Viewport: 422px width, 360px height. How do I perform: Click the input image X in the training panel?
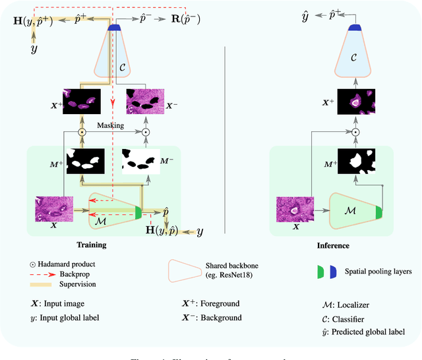click(x=54, y=208)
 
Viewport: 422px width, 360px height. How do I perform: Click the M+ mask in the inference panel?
click(x=356, y=161)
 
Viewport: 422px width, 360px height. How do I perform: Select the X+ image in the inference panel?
click(x=356, y=102)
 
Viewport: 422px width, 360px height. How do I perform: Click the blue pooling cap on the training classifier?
click(x=114, y=28)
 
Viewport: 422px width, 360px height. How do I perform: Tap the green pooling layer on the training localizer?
click(x=138, y=212)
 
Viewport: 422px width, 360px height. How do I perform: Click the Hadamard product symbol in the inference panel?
click(x=356, y=132)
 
